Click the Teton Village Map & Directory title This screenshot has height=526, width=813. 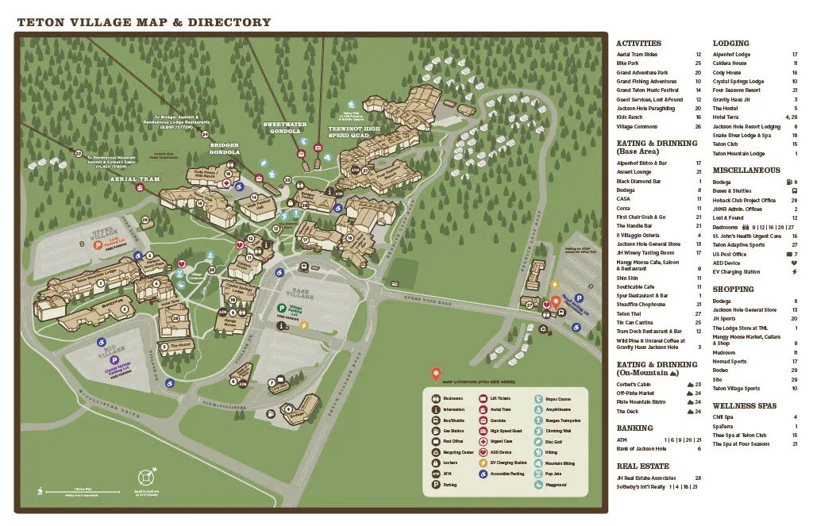pyautogui.click(x=144, y=22)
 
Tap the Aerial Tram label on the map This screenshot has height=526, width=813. pyautogui.click(x=135, y=179)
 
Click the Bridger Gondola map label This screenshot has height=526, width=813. pyautogui.click(x=224, y=148)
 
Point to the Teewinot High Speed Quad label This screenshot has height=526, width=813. pyautogui.click(x=354, y=132)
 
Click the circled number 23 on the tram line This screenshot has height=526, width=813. pyautogui.click(x=78, y=154)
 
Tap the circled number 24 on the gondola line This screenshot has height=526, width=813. pyautogui.click(x=205, y=135)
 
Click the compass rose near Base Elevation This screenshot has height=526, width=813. pyautogui.click(x=144, y=478)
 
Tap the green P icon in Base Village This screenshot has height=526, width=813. pyautogui.click(x=281, y=307)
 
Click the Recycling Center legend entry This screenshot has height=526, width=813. pyautogui.click(x=449, y=452)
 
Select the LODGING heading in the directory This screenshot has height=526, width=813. pyautogui.click(x=730, y=44)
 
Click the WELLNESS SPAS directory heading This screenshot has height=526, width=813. pyautogui.click(x=744, y=406)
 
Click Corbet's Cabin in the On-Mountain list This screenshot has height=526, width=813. pyautogui.click(x=634, y=384)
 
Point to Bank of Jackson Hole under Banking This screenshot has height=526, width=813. pyautogui.click(x=642, y=449)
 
